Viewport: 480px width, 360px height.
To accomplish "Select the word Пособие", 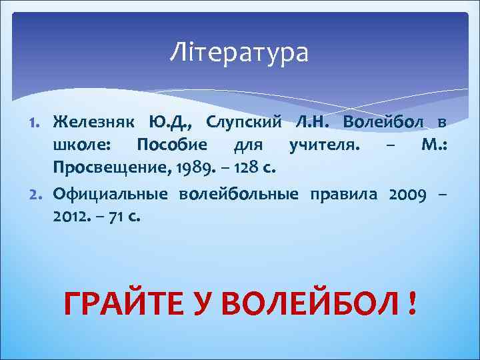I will click(x=171, y=144).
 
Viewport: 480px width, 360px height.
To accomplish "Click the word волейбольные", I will click(x=238, y=195).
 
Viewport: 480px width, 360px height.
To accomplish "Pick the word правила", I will click(x=342, y=195).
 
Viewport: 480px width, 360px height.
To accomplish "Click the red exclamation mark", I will click(x=413, y=304).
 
